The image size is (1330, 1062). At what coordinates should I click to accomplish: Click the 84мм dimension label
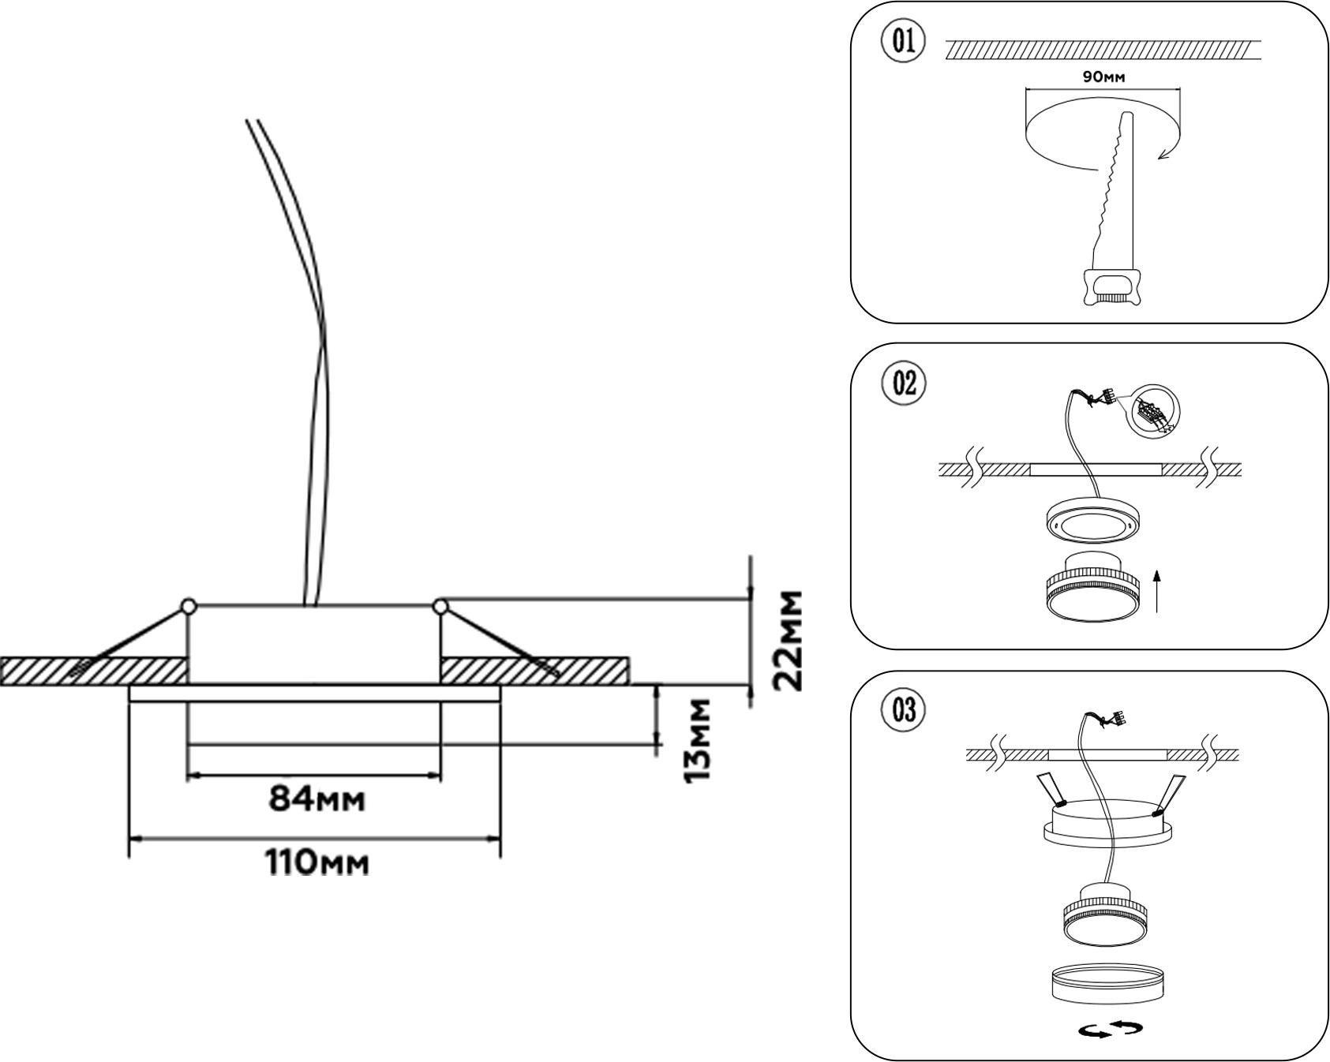(317, 799)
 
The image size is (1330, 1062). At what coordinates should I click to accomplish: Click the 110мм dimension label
(317, 862)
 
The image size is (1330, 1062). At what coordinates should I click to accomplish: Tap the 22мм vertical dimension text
(788, 640)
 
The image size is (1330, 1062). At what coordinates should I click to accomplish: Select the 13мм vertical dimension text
(698, 740)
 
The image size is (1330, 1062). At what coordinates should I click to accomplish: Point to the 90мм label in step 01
(1103, 77)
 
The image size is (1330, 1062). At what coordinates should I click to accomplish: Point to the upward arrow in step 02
(1157, 591)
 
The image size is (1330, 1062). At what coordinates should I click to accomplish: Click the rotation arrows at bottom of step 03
(1111, 1027)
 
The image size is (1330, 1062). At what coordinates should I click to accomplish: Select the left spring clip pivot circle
(188, 606)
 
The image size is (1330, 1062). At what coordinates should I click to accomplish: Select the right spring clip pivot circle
(440, 606)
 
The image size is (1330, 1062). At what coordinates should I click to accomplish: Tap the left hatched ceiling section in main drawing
(95, 671)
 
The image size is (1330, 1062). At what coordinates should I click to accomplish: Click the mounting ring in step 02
(1093, 522)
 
